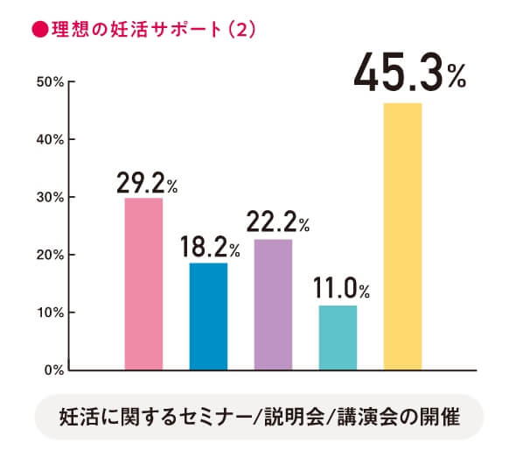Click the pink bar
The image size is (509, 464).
point(143,284)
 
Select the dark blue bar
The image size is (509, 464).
point(208,316)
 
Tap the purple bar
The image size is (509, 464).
point(273,304)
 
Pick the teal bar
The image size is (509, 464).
point(338,337)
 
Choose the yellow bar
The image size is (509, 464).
point(402,236)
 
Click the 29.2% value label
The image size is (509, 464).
point(148,185)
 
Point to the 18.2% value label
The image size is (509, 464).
point(213,249)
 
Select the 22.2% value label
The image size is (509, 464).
point(277,225)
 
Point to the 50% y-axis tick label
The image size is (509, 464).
point(46,82)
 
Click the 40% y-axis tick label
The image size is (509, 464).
point(46,140)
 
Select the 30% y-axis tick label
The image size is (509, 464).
point(46,198)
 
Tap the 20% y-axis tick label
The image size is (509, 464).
point(46,255)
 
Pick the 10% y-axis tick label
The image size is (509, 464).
point(46,313)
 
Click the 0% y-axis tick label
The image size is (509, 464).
point(50,370)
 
